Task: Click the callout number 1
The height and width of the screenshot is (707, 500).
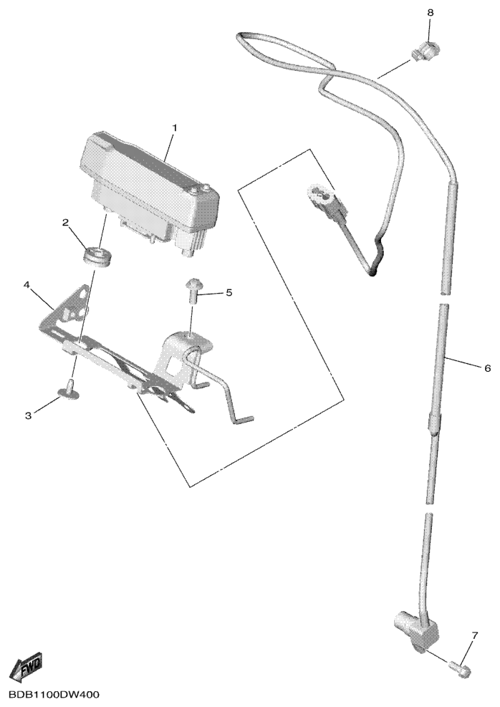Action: pyautogui.click(x=175, y=128)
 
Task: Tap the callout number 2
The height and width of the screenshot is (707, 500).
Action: pyautogui.click(x=65, y=222)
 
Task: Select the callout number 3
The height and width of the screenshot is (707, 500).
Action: pyautogui.click(x=29, y=415)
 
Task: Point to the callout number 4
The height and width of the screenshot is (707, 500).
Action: pyautogui.click(x=27, y=285)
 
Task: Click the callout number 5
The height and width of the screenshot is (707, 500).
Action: pyautogui.click(x=229, y=293)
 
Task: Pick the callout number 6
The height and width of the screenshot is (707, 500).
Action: pyautogui.click(x=487, y=368)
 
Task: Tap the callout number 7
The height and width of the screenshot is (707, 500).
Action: pyautogui.click(x=474, y=636)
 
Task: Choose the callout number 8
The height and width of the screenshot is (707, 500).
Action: pyautogui.click(x=430, y=13)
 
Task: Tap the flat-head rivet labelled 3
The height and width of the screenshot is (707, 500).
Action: pyautogui.click(x=69, y=390)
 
